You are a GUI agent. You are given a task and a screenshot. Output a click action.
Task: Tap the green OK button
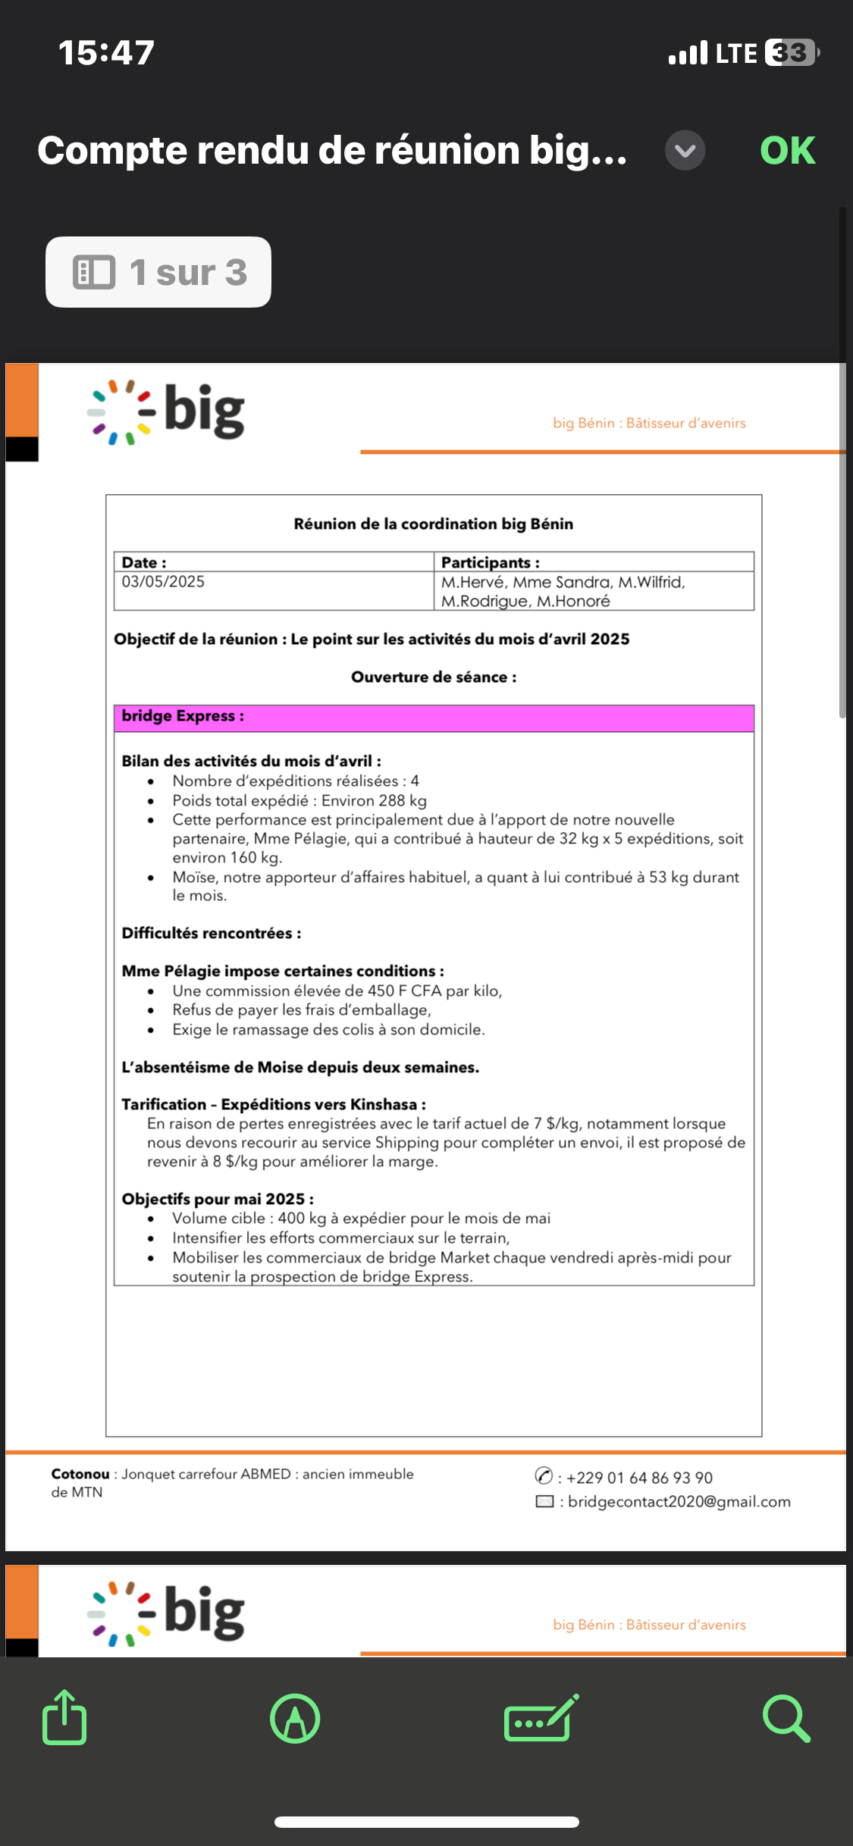(x=787, y=150)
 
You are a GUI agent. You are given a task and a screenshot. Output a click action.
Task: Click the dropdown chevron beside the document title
(x=685, y=150)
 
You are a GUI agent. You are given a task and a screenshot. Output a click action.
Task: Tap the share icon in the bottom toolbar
(x=64, y=1717)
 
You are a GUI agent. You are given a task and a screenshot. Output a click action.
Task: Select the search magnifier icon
(x=786, y=1718)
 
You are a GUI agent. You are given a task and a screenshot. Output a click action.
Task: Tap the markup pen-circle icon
(x=295, y=1718)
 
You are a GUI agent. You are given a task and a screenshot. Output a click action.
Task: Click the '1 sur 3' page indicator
(x=158, y=272)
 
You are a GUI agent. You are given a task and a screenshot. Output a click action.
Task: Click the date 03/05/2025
(x=163, y=582)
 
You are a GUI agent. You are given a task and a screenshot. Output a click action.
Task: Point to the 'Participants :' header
(x=490, y=562)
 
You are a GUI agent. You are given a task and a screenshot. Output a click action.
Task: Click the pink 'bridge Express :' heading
(x=183, y=716)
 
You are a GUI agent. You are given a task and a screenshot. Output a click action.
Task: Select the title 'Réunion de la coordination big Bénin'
(x=433, y=524)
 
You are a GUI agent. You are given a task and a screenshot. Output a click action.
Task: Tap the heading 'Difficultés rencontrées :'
(x=211, y=933)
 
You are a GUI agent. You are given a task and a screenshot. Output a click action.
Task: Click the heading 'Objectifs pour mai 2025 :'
(x=218, y=1199)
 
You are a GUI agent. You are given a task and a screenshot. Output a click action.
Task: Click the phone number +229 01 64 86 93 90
(x=638, y=1478)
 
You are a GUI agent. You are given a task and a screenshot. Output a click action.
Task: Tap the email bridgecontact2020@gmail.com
(x=679, y=1502)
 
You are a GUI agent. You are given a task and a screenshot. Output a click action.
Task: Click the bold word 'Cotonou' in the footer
(x=80, y=1474)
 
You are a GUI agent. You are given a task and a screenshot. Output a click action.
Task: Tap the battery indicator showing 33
(x=791, y=53)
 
